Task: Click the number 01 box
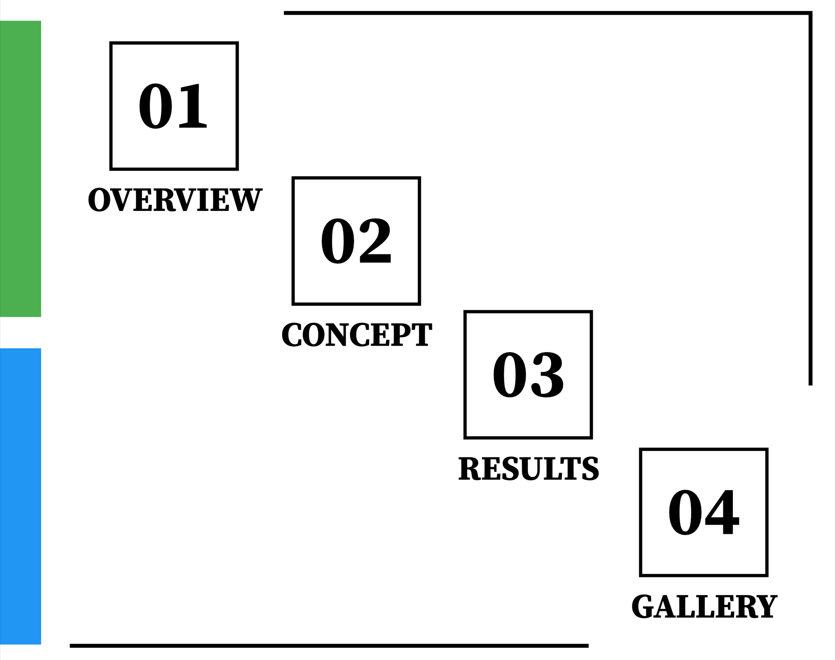(x=174, y=106)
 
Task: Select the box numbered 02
(x=356, y=241)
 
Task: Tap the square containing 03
(x=528, y=374)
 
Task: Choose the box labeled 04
(x=704, y=512)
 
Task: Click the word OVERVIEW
(x=175, y=200)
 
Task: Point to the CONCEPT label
(x=357, y=335)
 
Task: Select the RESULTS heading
(x=528, y=469)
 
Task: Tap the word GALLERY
(x=704, y=607)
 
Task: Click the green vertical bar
(x=20, y=169)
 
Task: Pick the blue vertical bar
(x=20, y=496)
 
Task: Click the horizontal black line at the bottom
(x=329, y=646)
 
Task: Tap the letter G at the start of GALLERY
(x=643, y=607)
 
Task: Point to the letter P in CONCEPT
(x=404, y=335)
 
